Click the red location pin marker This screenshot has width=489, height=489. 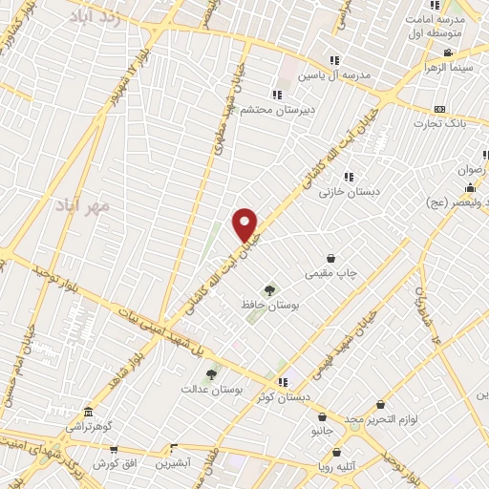click(246, 223)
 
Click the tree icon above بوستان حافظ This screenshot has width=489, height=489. click(270, 289)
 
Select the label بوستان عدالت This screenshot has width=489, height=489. click(212, 390)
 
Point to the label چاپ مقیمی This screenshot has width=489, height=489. click(330, 273)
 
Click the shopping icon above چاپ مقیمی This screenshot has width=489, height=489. click(331, 258)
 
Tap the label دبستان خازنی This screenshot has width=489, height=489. click(349, 192)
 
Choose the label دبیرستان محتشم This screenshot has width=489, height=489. click(277, 110)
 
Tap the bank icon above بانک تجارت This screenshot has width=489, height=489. click(439, 109)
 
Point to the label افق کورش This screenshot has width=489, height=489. click(113, 462)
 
